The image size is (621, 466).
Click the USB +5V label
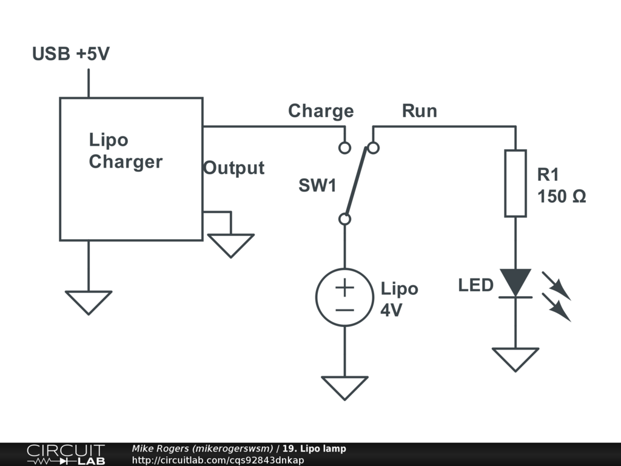click(x=71, y=54)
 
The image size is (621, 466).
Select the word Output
click(x=233, y=168)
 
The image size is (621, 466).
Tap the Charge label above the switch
click(x=320, y=111)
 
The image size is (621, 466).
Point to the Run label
click(x=419, y=111)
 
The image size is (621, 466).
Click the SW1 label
click(x=317, y=186)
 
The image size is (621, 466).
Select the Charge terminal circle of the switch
click(x=344, y=147)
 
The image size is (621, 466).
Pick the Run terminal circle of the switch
click(x=374, y=147)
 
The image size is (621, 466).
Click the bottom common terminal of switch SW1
click(x=344, y=219)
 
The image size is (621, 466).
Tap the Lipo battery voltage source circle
click(x=344, y=297)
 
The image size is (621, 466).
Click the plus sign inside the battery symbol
click(x=344, y=287)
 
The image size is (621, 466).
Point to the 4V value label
click(x=391, y=309)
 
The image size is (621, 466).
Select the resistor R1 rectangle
click(x=515, y=183)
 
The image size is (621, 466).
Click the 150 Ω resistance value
click(x=562, y=197)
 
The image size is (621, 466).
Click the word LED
click(x=476, y=285)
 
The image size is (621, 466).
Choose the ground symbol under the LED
click(x=515, y=359)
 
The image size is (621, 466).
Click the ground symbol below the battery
click(x=344, y=387)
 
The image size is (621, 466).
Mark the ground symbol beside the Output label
click(x=231, y=245)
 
